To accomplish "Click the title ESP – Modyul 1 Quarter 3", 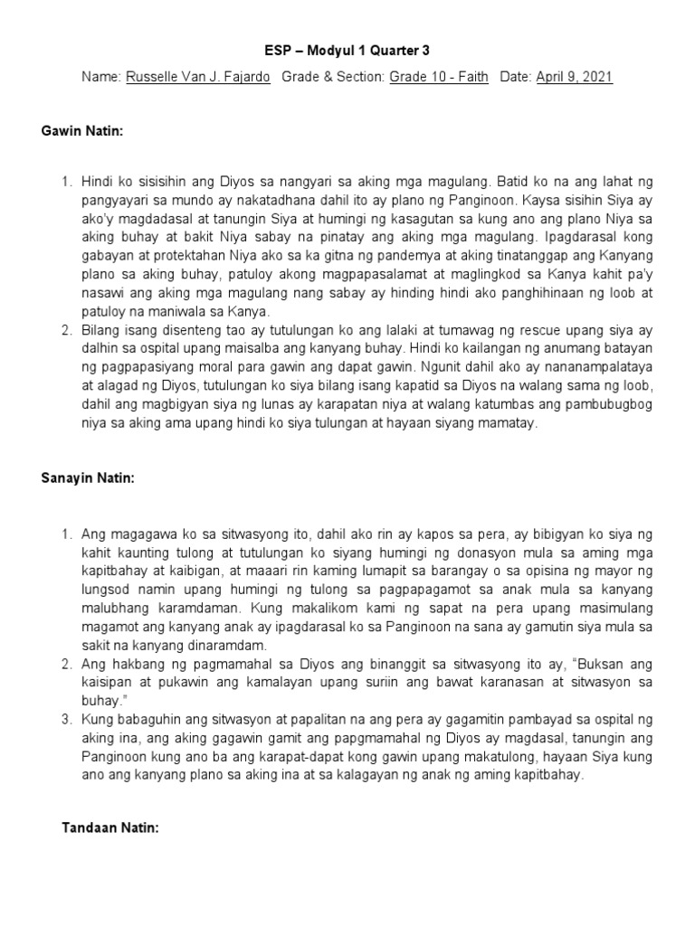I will [x=347, y=52].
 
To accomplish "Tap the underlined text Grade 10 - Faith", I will [x=439, y=78].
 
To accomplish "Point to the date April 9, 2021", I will [x=575, y=78].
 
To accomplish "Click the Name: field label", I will [x=100, y=78].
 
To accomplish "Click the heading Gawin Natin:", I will [x=81, y=132].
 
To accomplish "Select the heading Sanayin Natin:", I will [x=87, y=479].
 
